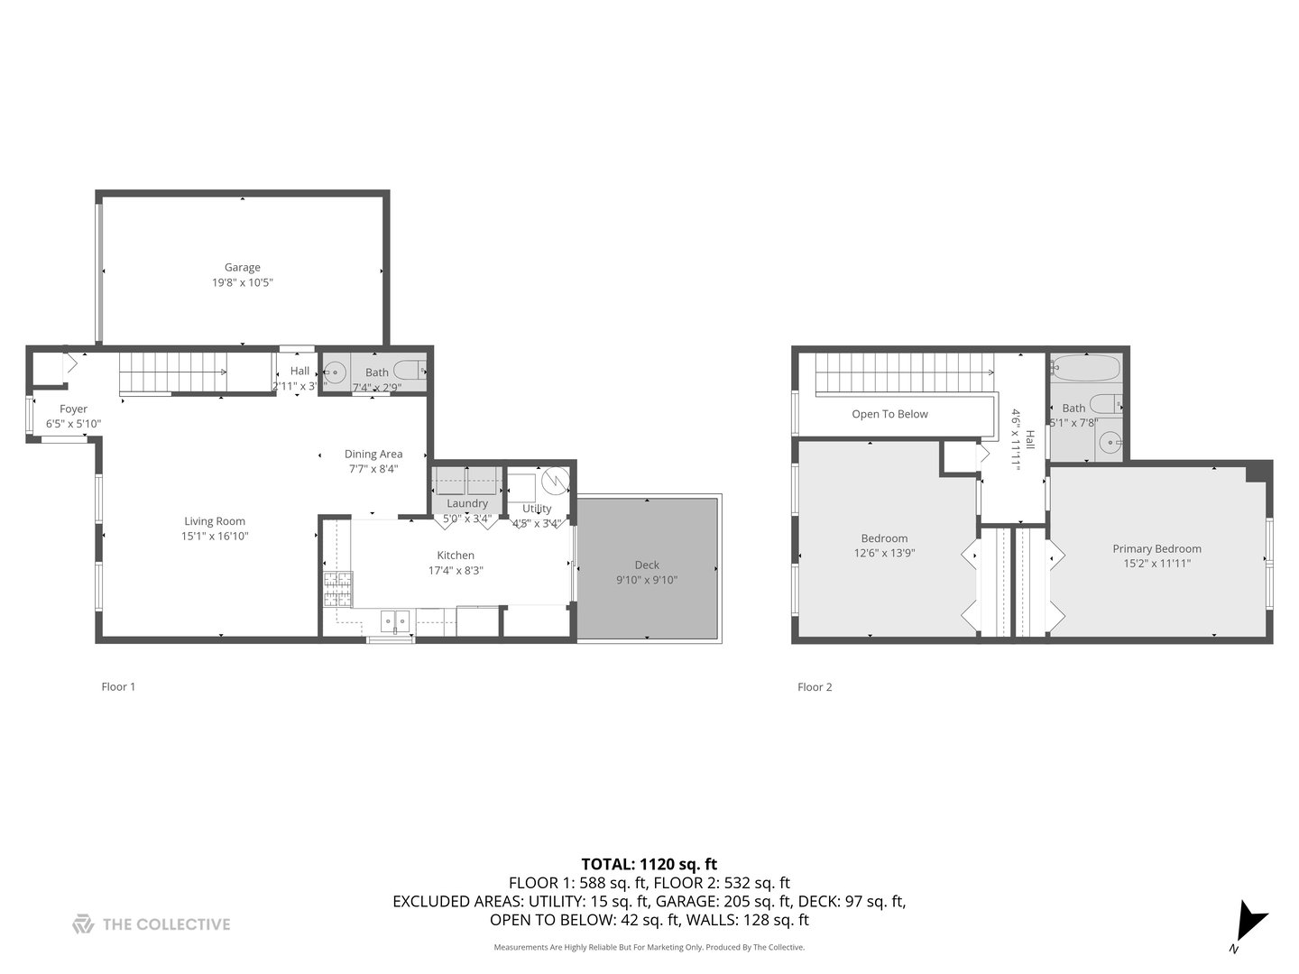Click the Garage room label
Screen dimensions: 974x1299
click(242, 267)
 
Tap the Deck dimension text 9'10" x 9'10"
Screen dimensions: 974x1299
click(646, 580)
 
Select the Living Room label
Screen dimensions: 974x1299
click(215, 521)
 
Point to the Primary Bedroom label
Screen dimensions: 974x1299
click(1156, 548)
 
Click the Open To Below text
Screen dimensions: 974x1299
click(889, 414)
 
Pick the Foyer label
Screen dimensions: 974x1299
click(73, 409)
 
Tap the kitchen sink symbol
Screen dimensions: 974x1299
click(394, 620)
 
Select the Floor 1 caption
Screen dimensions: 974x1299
click(118, 686)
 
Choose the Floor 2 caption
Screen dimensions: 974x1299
click(815, 686)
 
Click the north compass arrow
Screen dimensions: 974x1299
click(1250, 922)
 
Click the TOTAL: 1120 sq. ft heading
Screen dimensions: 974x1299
click(649, 864)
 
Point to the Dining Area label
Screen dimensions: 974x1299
click(373, 454)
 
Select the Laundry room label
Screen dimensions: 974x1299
click(466, 503)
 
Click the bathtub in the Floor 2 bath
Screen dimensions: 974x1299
click(1086, 368)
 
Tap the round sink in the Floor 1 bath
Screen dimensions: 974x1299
click(336, 372)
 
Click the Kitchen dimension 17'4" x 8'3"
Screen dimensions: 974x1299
click(456, 570)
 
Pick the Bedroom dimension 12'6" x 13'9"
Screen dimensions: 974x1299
click(884, 553)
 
